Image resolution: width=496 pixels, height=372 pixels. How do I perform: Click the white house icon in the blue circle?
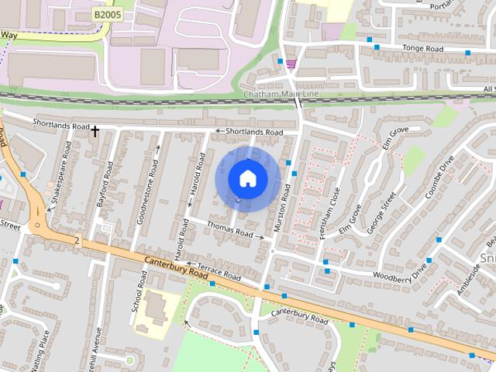(248, 179)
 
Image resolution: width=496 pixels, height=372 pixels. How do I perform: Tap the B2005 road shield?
(108, 15)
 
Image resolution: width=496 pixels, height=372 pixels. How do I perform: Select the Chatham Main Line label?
(281, 95)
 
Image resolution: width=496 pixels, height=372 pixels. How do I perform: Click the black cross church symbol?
(95, 132)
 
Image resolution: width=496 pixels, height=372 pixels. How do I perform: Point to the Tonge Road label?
(423, 48)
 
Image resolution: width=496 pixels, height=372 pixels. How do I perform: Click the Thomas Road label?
(230, 232)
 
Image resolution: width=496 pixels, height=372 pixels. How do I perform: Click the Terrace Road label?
(219, 274)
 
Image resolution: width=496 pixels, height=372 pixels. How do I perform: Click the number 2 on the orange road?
(77, 241)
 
